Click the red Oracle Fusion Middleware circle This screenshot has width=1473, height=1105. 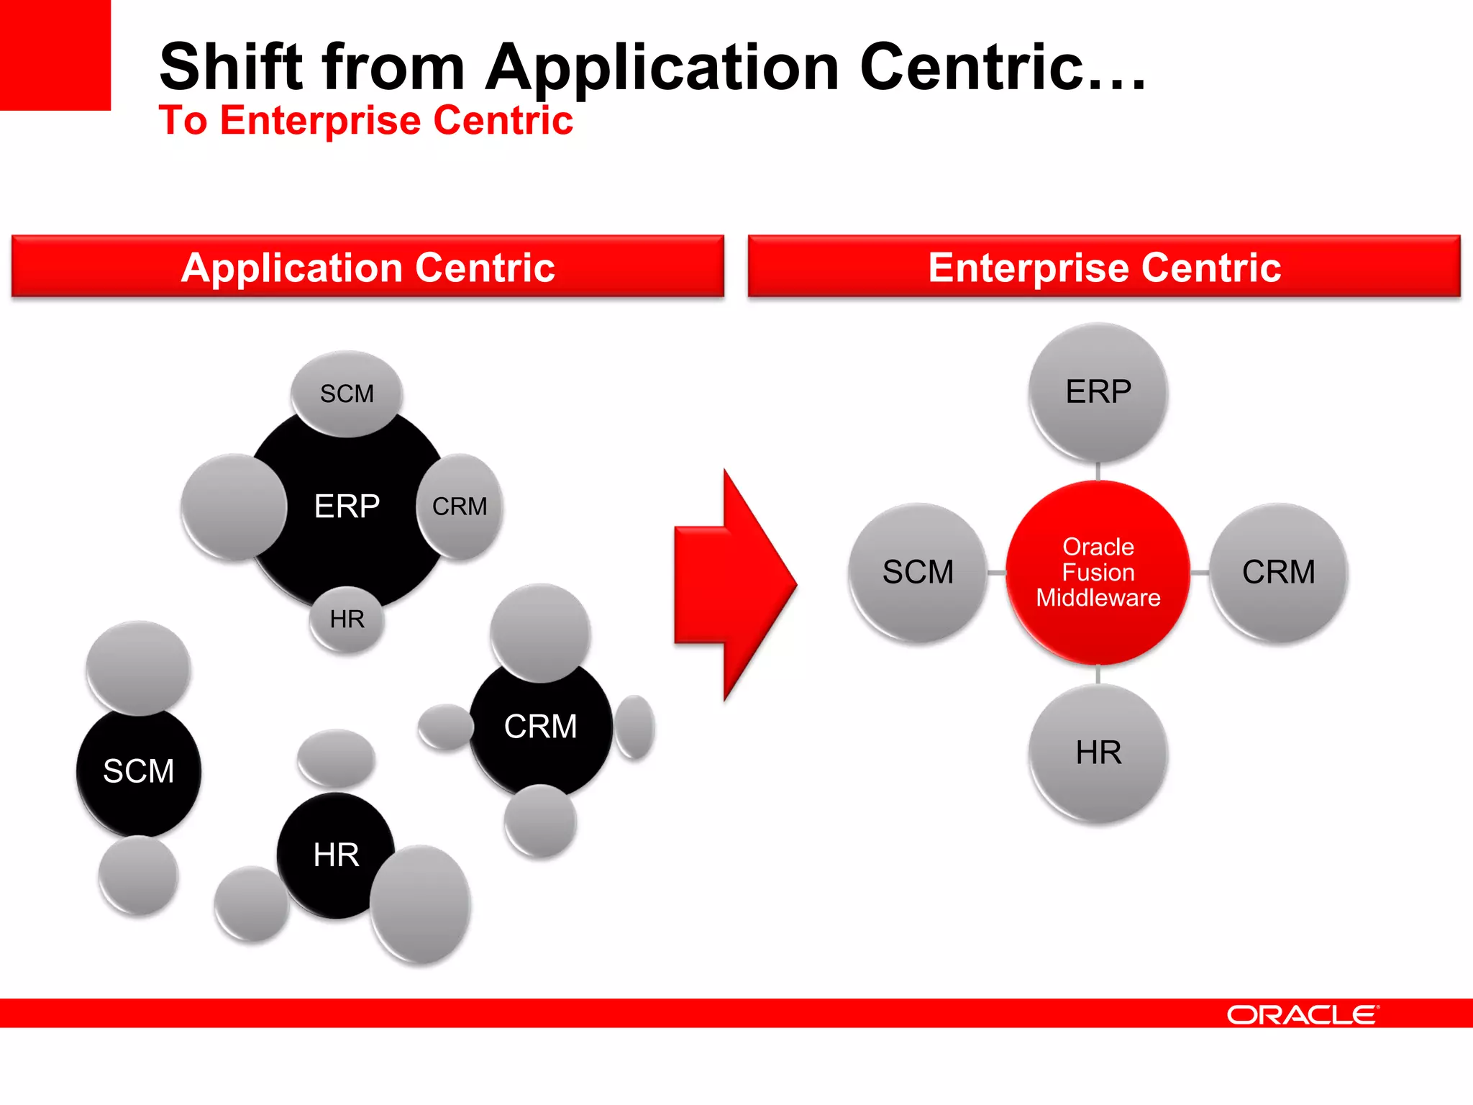1098,572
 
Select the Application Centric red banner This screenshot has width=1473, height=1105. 368,267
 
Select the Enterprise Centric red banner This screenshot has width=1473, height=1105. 1104,267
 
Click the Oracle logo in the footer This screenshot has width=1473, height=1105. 1303,1014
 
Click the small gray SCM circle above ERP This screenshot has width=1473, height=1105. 347,394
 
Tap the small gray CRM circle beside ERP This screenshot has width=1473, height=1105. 460,506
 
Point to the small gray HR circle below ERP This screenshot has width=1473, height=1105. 347,619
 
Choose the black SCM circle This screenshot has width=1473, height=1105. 139,772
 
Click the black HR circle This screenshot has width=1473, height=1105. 335,855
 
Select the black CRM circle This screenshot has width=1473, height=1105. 540,727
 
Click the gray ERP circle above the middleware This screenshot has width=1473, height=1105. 1098,392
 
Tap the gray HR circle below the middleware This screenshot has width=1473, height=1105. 1098,752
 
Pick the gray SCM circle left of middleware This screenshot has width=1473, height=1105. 918,572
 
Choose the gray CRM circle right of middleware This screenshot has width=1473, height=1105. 1278,572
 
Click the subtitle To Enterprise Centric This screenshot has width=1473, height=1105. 365,120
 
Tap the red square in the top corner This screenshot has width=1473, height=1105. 55,55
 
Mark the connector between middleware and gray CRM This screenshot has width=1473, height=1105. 1200,573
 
